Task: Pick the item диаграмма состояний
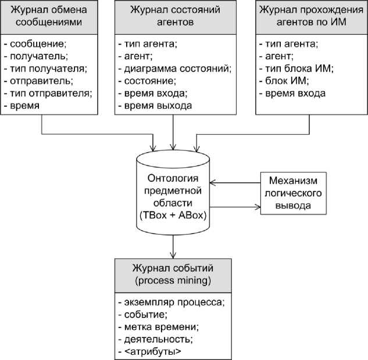(175, 69)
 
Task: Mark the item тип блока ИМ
(291, 69)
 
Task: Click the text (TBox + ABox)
(172, 215)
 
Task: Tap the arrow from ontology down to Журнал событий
(173, 246)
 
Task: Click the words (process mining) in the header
(173, 281)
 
